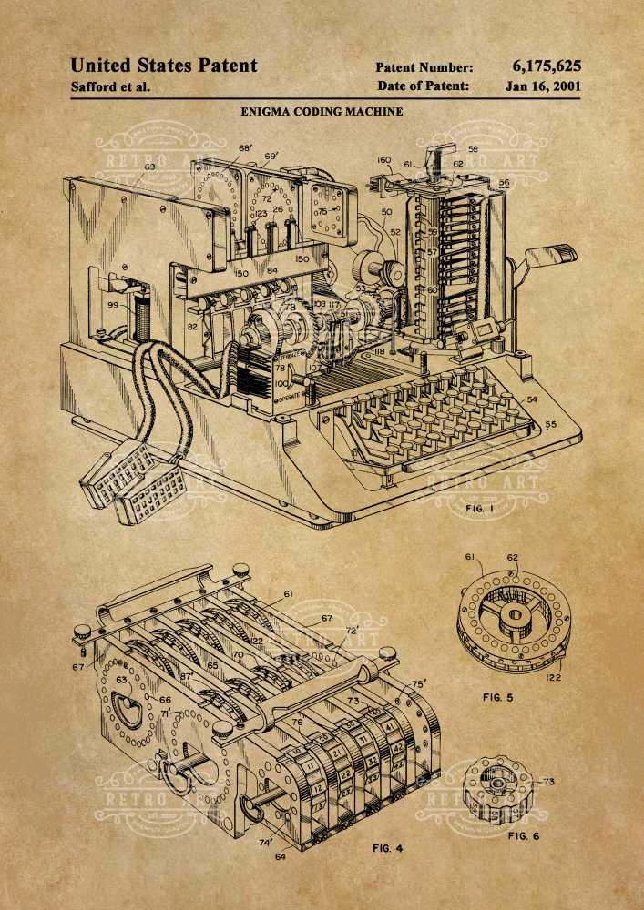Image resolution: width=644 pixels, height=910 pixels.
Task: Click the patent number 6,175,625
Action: point(546,66)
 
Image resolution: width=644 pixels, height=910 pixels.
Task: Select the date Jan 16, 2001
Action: point(543,86)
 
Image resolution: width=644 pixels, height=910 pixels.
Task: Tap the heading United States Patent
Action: point(164,66)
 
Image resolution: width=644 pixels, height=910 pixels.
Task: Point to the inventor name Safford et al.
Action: point(110,87)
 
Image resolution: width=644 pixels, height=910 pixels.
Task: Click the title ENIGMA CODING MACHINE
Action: point(322,113)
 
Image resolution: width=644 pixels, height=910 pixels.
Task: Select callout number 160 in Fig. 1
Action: point(383,161)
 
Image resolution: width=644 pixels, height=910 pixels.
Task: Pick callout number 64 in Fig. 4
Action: point(279,856)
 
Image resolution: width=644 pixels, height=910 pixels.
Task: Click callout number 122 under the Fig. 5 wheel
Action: point(553,676)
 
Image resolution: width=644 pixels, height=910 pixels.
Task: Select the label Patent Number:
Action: point(424,67)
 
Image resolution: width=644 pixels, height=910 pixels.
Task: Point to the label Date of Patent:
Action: point(424,86)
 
